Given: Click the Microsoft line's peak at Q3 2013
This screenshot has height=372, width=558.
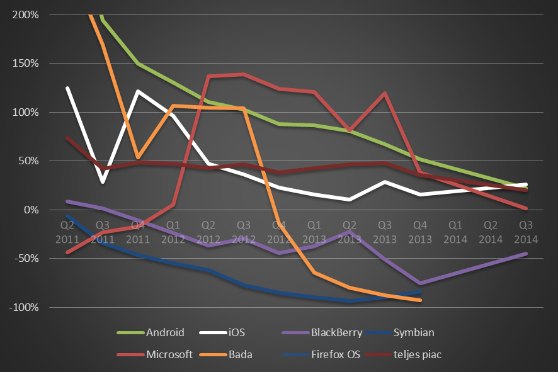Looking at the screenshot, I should pyautogui.click(x=384, y=93).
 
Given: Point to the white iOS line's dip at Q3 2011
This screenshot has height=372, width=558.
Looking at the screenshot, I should pyautogui.click(x=102, y=182).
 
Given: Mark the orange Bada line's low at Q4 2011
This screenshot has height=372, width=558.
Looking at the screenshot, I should pyautogui.click(x=137, y=157).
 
